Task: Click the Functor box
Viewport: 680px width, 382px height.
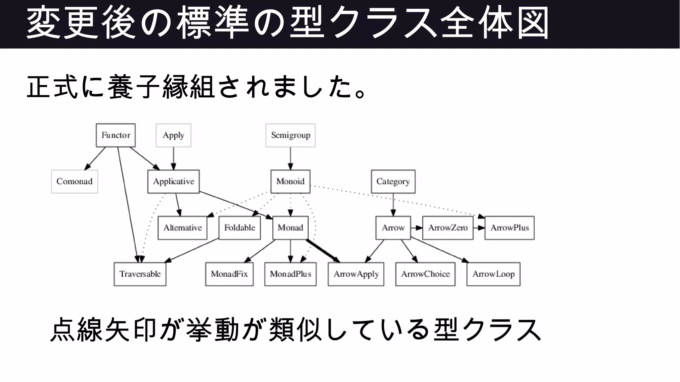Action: (x=116, y=135)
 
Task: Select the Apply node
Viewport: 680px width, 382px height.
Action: (x=173, y=135)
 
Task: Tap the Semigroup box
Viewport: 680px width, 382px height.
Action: (x=291, y=135)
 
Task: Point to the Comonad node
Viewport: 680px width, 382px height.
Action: (x=74, y=181)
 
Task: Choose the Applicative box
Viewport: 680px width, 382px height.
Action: (x=173, y=181)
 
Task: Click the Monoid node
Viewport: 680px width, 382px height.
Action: (x=290, y=181)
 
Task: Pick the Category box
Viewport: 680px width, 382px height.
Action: (x=393, y=181)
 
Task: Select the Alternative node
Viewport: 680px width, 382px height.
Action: (x=182, y=228)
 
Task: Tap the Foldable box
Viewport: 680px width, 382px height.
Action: (x=239, y=228)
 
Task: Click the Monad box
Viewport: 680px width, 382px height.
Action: (x=290, y=228)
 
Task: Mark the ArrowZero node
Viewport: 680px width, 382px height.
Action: (x=448, y=228)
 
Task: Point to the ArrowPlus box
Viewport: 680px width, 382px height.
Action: (x=509, y=228)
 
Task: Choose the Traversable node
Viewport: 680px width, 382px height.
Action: (x=140, y=274)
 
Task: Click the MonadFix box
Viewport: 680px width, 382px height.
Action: (x=229, y=274)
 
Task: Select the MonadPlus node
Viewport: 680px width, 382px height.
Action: (x=290, y=274)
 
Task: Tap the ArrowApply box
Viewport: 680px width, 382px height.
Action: (x=356, y=274)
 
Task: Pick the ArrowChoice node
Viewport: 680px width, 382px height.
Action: (x=425, y=274)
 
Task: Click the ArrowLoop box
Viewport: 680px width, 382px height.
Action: (x=493, y=274)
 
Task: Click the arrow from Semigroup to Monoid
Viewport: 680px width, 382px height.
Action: (x=291, y=158)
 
